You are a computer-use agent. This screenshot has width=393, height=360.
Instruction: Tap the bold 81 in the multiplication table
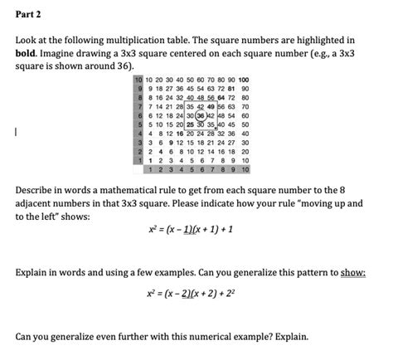pyautogui.click(x=234, y=89)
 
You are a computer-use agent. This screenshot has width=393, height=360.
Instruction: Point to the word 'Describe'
pyautogui.click(x=40, y=190)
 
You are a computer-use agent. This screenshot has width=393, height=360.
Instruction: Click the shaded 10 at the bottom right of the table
pyautogui.click(x=245, y=168)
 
